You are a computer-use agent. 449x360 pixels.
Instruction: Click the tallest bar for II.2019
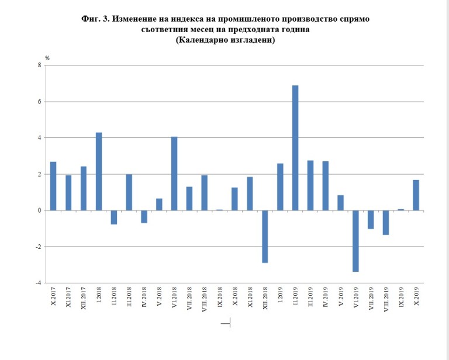295,148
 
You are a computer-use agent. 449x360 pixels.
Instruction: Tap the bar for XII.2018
265,237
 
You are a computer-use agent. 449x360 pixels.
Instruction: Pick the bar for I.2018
99,171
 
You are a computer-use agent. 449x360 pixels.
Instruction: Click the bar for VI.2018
174,174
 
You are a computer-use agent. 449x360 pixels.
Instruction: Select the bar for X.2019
416,195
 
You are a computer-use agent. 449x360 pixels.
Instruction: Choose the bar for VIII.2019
386,223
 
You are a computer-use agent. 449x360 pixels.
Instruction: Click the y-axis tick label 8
39,65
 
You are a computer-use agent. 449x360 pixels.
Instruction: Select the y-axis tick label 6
39,102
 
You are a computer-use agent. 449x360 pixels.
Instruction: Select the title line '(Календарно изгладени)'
225,40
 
